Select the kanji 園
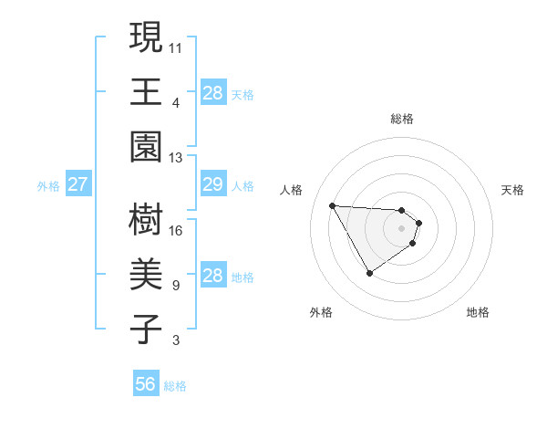[x=146, y=146]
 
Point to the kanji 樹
[x=146, y=219]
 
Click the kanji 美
[x=146, y=275]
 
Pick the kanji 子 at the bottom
[x=146, y=330]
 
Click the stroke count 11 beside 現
[x=176, y=47]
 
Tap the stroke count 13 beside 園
[x=176, y=157]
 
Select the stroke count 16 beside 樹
[x=176, y=230]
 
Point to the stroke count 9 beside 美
[x=175, y=286]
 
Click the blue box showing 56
[x=146, y=384]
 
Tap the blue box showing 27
[x=77, y=184]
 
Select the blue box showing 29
[x=212, y=184]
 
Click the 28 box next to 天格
[x=212, y=92]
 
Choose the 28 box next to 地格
[x=212, y=276]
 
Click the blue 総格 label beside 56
[x=175, y=386]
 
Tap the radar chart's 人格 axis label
[x=292, y=190]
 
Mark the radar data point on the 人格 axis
[x=332, y=204]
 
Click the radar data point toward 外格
[x=369, y=273]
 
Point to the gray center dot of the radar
[x=402, y=228]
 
